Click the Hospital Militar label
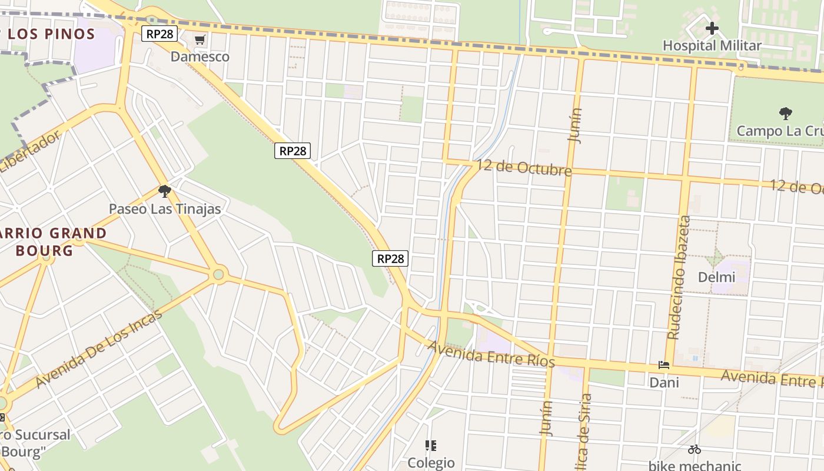coord(712,45)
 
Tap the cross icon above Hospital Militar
coord(712,28)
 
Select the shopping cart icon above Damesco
coord(200,40)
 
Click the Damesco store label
coord(200,57)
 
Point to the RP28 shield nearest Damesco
coord(160,34)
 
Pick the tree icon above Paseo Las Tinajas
coord(165,191)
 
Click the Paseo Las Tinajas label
coord(165,208)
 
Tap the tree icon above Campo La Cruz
coord(785,113)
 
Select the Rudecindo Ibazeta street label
coord(679,277)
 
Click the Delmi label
coord(716,277)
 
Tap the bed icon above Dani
coord(664,365)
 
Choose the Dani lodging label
coord(664,383)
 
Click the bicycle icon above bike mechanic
coord(695,449)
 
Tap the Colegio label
coord(431,462)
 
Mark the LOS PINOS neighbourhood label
coord(52,34)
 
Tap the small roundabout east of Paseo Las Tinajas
coord(219,274)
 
